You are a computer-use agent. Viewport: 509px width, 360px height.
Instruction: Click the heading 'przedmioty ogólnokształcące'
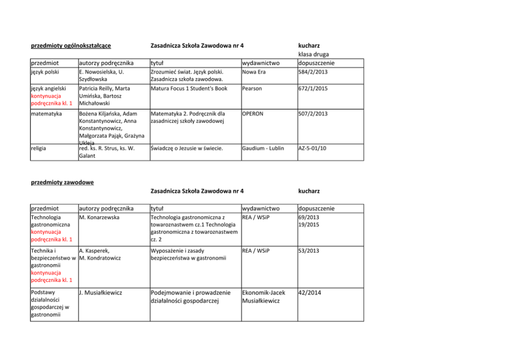[71, 46]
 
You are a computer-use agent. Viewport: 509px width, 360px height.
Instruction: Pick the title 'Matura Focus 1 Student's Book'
[189, 88]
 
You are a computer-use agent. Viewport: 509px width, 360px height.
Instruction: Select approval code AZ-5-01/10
[314, 148]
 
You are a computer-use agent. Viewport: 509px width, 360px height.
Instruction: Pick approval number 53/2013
[309, 251]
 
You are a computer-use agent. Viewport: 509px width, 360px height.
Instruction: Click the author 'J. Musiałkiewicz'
[102, 293]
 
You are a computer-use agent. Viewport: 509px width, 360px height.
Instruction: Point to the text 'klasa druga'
[314, 54]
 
